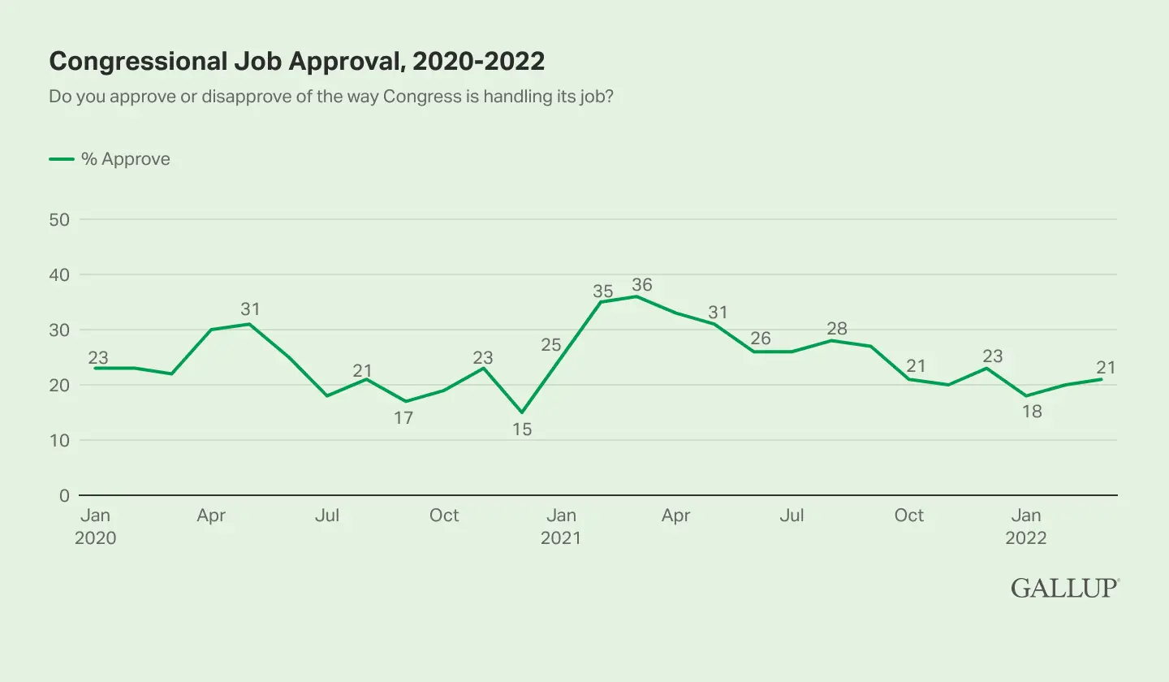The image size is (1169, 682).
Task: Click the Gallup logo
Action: (1065, 588)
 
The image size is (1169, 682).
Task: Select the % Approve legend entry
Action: (110, 158)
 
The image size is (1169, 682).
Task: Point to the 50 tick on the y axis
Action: (59, 220)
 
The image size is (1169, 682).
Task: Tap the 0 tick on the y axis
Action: (64, 495)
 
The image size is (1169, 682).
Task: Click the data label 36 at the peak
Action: (642, 284)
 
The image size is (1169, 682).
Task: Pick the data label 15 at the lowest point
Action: (522, 429)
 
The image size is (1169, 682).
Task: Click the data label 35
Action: (602, 291)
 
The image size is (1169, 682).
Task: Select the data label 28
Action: (837, 328)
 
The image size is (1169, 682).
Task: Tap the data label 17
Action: (403, 417)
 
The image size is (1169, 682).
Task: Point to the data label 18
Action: (1032, 411)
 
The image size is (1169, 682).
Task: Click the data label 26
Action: (761, 338)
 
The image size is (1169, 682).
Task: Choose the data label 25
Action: (551, 344)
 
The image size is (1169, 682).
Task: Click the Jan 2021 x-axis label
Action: (561, 526)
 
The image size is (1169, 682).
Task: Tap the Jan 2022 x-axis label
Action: (1026, 526)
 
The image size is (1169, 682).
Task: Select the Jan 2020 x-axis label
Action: (96, 526)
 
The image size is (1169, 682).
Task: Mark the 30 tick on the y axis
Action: (59, 330)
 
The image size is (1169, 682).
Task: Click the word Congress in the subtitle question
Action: (423, 97)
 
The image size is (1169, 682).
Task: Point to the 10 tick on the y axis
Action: (59, 440)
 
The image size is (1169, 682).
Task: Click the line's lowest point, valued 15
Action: (522, 412)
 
